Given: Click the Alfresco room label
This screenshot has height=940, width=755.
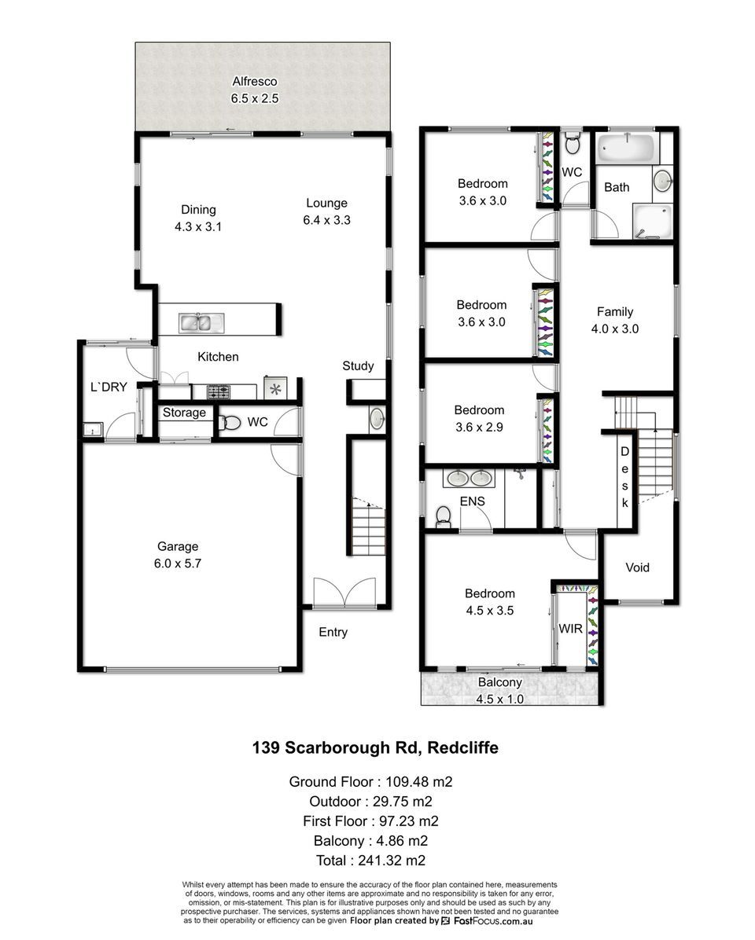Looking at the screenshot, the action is point(255,82).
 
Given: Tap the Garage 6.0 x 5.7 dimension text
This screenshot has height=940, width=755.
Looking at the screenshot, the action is point(178,564).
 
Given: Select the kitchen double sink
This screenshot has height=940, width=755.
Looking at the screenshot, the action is point(201,323).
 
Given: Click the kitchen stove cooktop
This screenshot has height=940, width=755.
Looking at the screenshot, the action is point(219,392).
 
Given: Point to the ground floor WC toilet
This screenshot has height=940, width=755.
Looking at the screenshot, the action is point(229,423).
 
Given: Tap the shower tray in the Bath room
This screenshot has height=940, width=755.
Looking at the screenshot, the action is point(653,221).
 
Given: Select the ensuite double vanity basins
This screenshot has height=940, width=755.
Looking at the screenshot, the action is point(469,479).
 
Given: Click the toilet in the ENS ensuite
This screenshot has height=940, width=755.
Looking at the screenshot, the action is point(443,516).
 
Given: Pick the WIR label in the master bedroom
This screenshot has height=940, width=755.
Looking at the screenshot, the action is point(570,629).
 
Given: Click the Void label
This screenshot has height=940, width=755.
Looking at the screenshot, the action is point(638,567).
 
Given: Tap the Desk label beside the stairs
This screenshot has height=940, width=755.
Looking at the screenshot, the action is point(625,477).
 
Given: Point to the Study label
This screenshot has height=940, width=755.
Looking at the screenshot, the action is point(358,366).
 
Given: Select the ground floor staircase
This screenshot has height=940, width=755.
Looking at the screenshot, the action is point(367,527).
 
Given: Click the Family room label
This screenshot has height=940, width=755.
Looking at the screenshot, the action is point(615,312).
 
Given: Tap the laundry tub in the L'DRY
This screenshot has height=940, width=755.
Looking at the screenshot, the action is point(93,429).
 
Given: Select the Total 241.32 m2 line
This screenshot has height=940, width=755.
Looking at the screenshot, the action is point(370,861).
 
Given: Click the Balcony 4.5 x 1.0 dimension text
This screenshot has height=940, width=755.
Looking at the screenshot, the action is point(500,699).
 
